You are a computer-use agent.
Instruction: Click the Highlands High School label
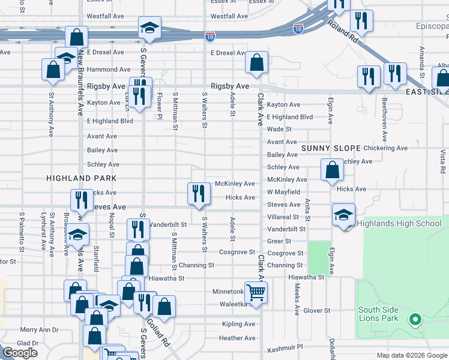(x=399, y=224)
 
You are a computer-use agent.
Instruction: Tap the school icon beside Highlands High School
(x=343, y=215)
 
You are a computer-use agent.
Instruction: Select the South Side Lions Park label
(x=378, y=314)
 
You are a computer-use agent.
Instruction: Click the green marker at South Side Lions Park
(x=414, y=319)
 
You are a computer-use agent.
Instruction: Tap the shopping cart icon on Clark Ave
(x=256, y=292)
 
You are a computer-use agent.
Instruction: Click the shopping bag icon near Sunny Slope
(x=332, y=170)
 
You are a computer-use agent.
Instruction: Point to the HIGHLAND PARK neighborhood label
(x=81, y=179)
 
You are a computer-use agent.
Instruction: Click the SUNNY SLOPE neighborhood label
(x=331, y=148)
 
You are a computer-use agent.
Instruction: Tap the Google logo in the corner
(x=20, y=352)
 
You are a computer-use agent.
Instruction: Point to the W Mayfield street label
(x=283, y=192)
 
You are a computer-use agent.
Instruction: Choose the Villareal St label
(x=283, y=217)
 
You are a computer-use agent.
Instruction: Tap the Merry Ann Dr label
(x=39, y=329)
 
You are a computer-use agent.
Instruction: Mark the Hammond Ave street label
(x=109, y=70)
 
